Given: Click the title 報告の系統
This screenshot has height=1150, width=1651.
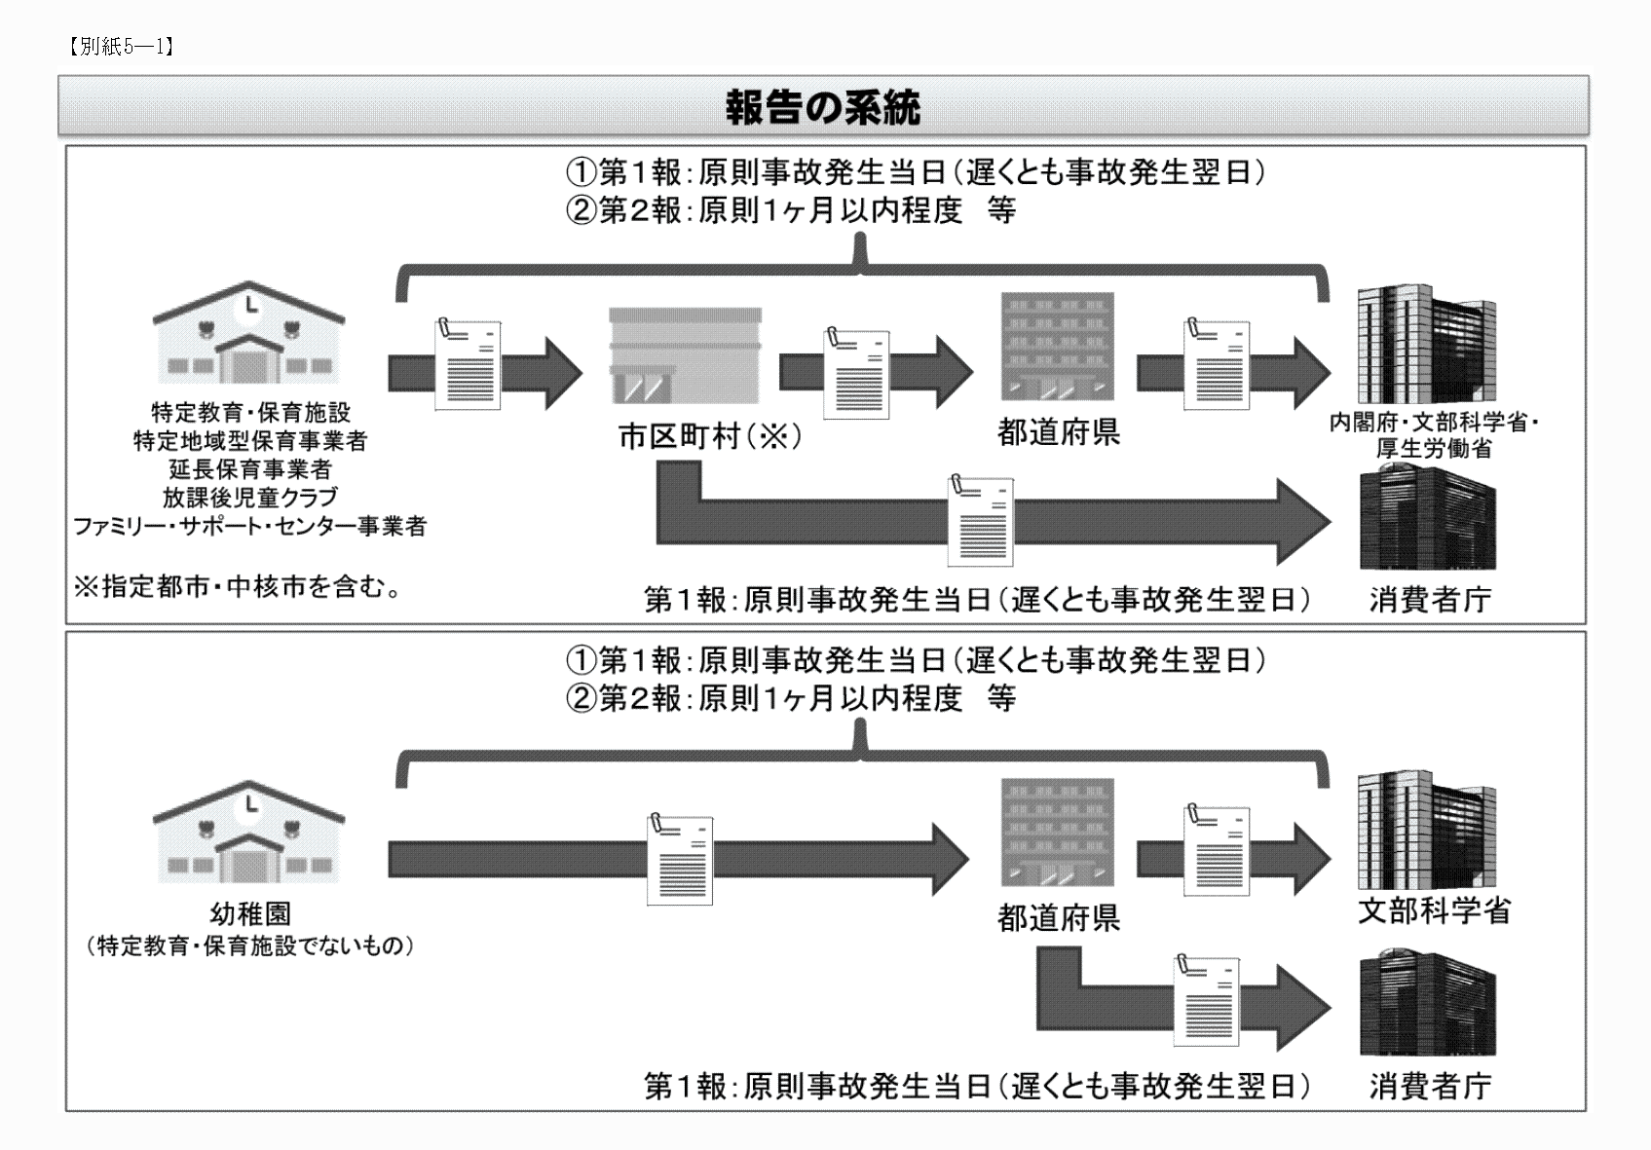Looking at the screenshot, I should tap(823, 108).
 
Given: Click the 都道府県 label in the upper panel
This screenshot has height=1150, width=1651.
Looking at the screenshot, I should tap(1059, 432).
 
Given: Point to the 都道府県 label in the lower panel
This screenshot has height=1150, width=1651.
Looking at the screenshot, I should tap(1059, 918).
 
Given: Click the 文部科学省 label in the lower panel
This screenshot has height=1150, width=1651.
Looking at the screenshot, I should tap(1434, 910).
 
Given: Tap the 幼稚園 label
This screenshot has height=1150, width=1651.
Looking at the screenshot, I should tap(250, 914).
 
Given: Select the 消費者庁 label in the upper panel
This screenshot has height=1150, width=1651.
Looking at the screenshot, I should tap(1430, 600).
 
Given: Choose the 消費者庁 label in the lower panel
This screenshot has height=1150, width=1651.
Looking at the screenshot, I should tap(1430, 1086).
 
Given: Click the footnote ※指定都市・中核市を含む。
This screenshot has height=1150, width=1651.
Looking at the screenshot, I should tap(239, 588).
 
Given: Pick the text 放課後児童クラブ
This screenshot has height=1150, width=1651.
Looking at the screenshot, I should tap(250, 498).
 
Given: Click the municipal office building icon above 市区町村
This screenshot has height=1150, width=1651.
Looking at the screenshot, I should tap(685, 354).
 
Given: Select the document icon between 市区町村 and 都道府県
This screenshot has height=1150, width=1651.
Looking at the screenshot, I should tap(857, 373).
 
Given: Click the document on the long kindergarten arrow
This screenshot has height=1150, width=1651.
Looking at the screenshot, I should tap(680, 860).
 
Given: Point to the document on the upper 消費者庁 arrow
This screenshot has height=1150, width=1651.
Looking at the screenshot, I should tap(981, 521).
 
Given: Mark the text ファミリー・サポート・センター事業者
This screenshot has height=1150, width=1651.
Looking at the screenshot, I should tap(250, 527).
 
